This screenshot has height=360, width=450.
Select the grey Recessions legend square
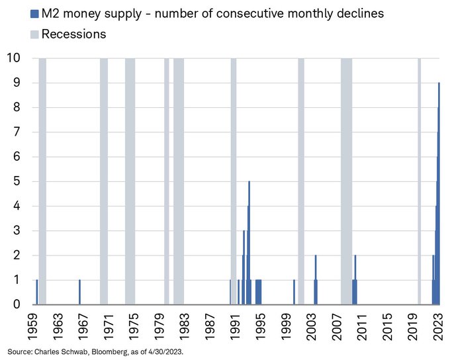point(34,34)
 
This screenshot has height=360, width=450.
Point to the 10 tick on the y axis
point(13,58)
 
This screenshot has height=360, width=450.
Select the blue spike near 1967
point(79,292)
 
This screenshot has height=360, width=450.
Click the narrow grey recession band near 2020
point(419,179)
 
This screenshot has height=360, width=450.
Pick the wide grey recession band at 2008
point(346,179)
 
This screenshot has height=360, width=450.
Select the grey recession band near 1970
point(104,179)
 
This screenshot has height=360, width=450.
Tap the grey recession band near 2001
point(301,179)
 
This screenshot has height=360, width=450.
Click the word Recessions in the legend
point(73,34)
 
